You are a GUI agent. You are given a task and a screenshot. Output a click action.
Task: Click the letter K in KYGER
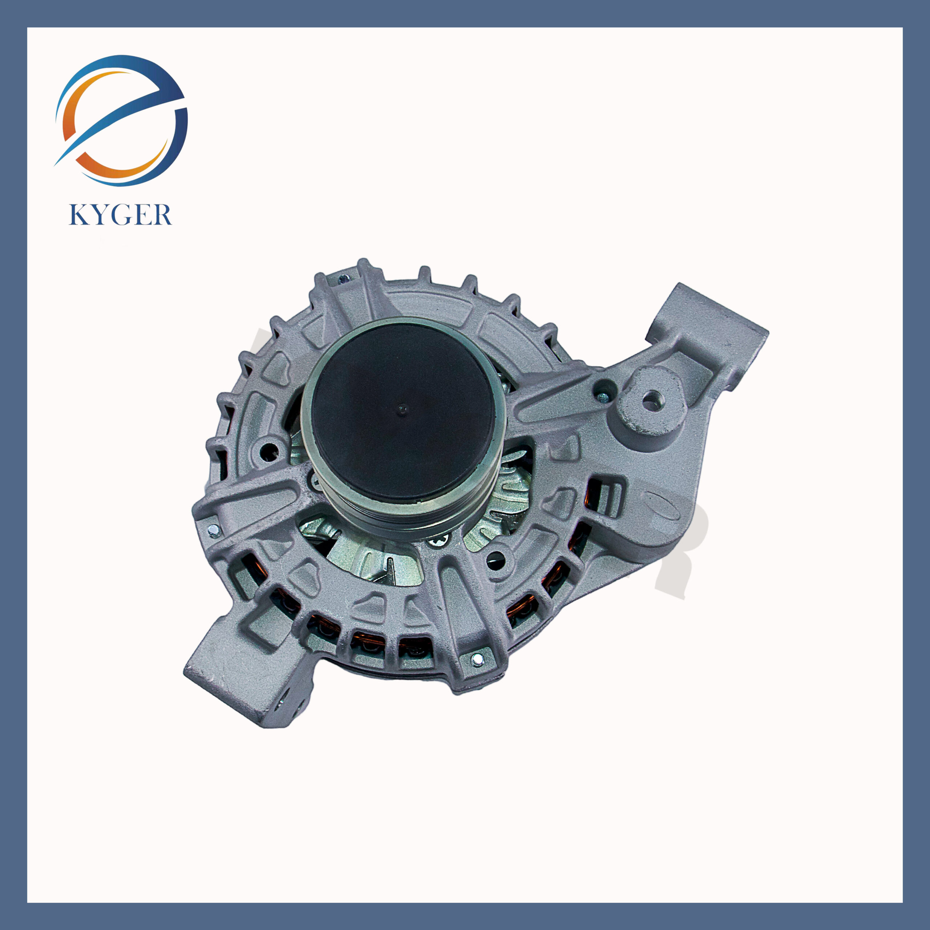coord(79,215)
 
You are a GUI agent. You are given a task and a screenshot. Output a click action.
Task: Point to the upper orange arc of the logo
coord(82,96)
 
